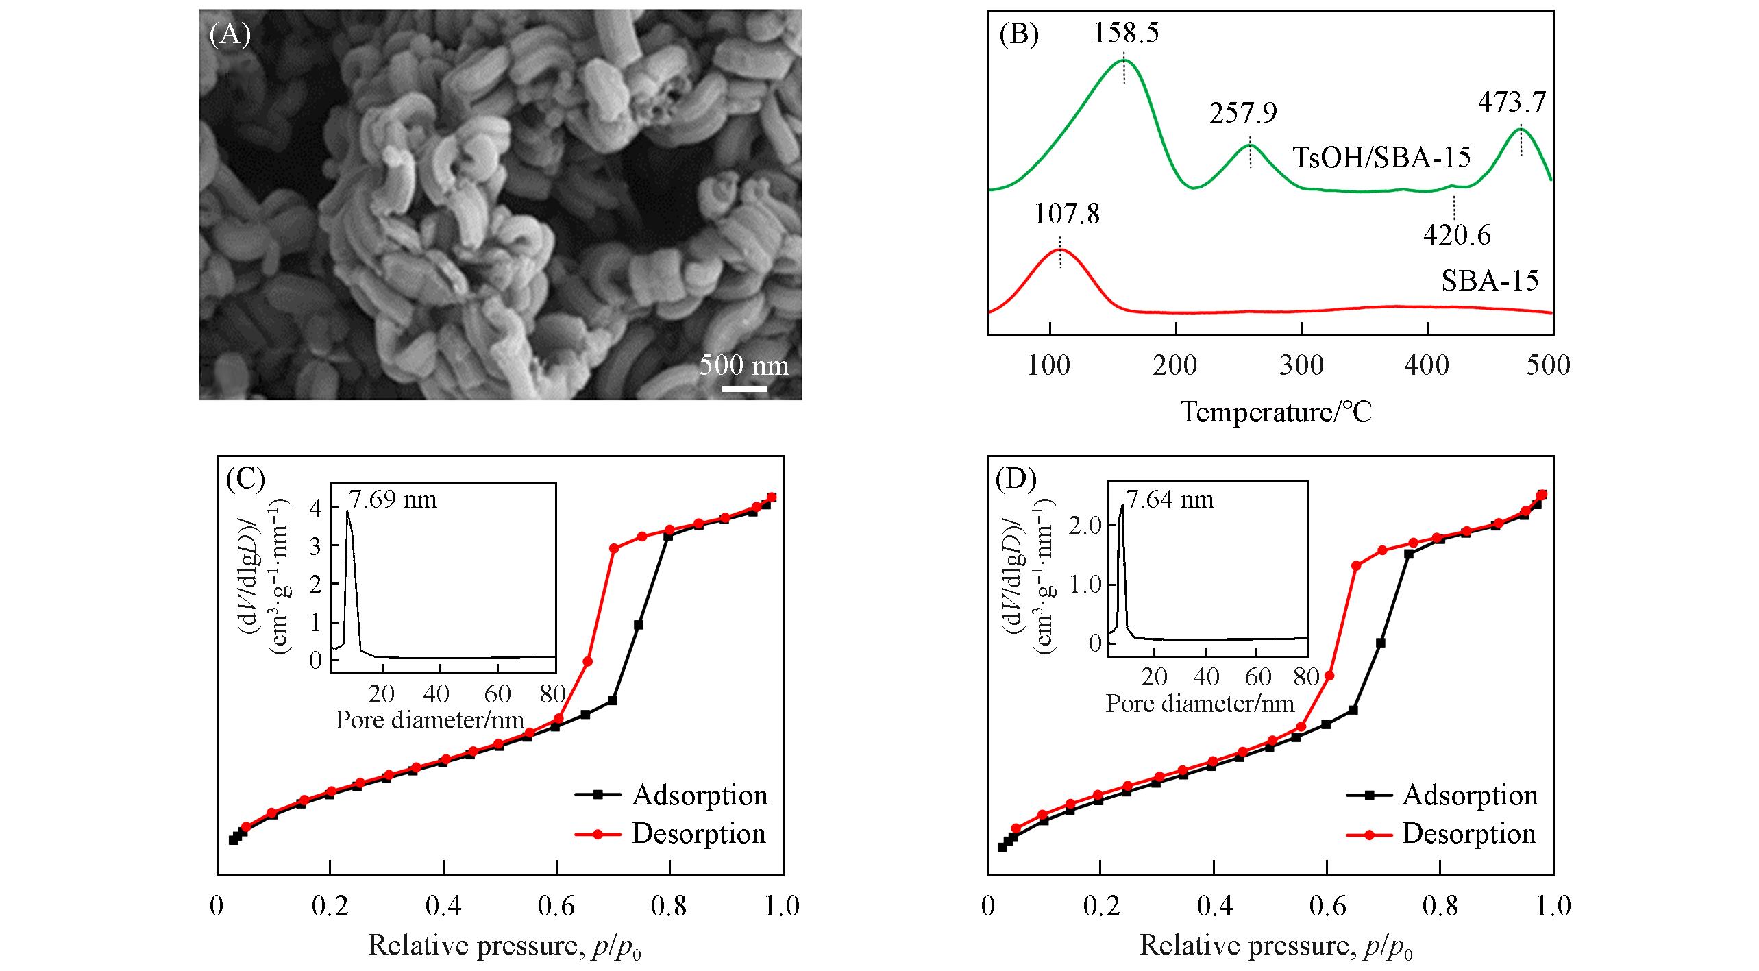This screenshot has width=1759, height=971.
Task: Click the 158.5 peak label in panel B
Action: coord(1125,32)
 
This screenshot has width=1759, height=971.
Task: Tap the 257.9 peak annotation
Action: coord(1243,113)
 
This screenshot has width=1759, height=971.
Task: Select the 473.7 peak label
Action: coord(1512,102)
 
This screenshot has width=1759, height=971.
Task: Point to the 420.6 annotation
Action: coord(1457,236)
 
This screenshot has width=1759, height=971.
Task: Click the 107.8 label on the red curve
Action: coord(1066,214)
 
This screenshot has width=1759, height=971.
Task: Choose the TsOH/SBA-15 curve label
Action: coord(1381,158)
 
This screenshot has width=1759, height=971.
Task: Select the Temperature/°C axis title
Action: coord(1276,413)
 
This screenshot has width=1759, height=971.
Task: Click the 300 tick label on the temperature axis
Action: coord(1301,365)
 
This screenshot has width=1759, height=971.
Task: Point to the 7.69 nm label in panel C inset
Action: coord(393,500)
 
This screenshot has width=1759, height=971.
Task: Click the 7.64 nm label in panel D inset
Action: coord(1170,500)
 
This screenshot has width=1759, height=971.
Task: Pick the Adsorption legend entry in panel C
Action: coord(699,795)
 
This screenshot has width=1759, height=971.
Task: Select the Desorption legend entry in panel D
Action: coord(1468,833)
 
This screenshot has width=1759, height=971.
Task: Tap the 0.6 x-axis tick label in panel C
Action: coord(556,906)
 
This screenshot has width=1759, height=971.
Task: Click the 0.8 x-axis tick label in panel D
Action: coord(1439,906)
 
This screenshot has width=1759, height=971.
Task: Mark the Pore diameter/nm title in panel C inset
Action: coord(430,720)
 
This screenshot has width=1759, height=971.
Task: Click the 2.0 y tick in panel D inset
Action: coord(1085,526)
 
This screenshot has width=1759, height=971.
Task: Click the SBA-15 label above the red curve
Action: coord(1490,281)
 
